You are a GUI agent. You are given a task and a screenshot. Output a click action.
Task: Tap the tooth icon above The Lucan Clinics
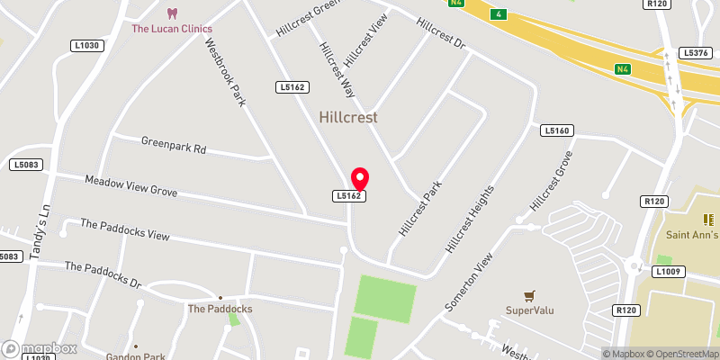click(173, 13)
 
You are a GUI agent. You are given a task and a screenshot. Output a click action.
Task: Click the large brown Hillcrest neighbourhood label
click(348, 117)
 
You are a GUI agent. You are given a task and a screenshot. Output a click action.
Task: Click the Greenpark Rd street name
click(174, 144)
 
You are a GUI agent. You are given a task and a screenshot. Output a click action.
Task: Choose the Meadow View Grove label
click(131, 186)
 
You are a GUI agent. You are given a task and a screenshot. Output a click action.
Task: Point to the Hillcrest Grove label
click(552, 180)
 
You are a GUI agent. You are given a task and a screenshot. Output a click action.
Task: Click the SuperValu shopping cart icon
click(529, 295)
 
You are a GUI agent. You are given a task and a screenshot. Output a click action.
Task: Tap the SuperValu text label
click(529, 311)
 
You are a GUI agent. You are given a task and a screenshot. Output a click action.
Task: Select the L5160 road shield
click(557, 131)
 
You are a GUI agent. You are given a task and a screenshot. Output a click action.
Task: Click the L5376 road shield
click(697, 54)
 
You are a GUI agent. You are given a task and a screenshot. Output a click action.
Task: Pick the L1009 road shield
click(669, 271)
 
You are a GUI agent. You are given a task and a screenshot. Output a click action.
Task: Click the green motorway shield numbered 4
click(498, 13)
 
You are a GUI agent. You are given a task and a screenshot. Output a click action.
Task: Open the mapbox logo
click(39, 348)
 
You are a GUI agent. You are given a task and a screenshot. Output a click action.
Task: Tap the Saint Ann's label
click(690, 236)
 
